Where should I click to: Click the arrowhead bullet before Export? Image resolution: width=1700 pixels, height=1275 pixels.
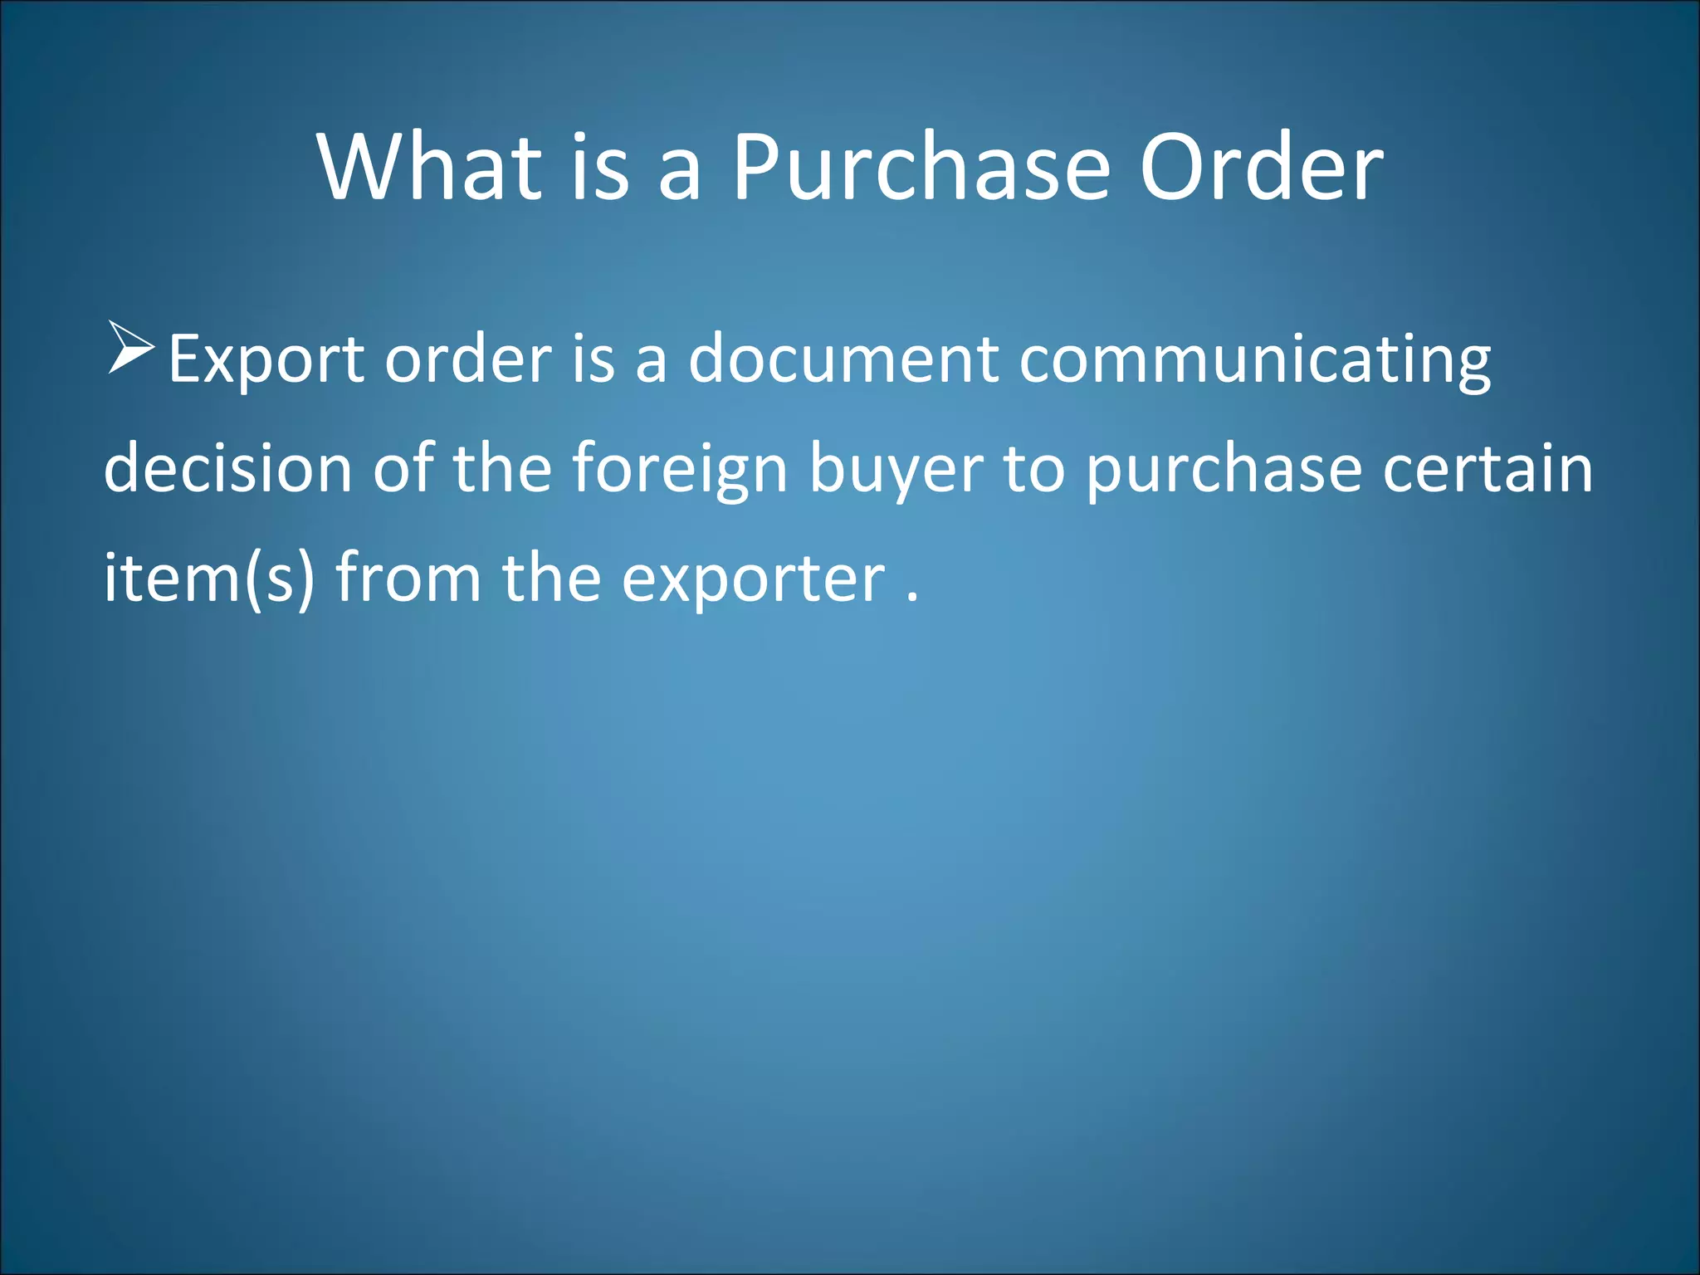[130, 347]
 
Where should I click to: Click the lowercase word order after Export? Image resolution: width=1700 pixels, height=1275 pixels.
[468, 359]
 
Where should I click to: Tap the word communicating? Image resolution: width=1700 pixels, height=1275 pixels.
[1254, 361]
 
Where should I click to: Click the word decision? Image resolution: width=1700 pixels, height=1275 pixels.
[228, 469]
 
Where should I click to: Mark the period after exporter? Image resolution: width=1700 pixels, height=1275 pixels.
[912, 596]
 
